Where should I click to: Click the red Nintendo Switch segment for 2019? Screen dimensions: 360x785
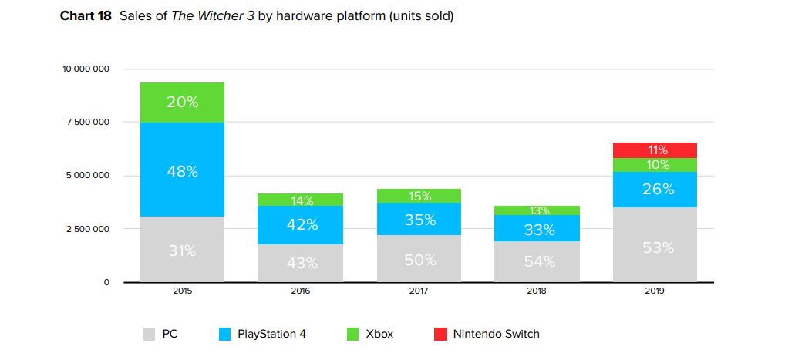point(655,150)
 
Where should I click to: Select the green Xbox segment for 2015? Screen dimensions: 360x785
point(182,103)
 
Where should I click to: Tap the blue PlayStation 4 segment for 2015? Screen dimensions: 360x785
point(182,171)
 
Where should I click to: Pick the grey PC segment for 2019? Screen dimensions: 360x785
point(655,247)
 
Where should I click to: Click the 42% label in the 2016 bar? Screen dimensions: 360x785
point(302,224)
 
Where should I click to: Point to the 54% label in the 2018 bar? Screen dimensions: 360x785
point(539,261)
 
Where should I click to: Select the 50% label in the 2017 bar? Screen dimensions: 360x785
point(419,260)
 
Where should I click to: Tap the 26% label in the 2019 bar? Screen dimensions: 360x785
point(658,189)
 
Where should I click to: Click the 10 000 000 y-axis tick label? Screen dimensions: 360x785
point(86,69)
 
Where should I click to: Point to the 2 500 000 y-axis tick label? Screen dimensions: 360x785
point(88,229)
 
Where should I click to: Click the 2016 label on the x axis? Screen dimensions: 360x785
point(302,292)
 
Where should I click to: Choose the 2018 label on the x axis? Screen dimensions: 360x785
point(538,292)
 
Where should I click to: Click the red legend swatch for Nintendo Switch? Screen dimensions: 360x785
point(440,334)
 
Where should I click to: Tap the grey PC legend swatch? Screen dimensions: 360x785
point(150,334)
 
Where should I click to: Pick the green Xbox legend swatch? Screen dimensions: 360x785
point(353,334)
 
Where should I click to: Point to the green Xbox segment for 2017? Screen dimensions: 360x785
point(419,196)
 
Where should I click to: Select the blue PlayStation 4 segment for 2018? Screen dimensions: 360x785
point(538,228)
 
